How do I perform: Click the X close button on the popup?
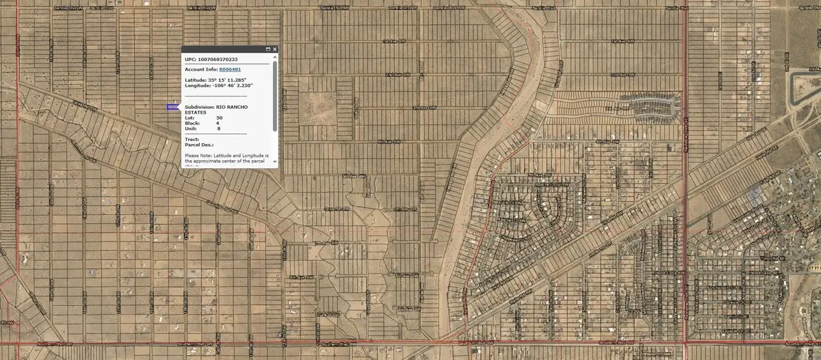[x=274, y=49]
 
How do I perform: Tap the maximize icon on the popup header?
[x=268, y=49]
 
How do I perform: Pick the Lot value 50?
[x=220, y=118]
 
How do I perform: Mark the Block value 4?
[x=218, y=123]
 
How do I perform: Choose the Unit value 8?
[x=219, y=129]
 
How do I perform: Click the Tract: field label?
[x=192, y=140]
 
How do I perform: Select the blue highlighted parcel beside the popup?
[x=171, y=107]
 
